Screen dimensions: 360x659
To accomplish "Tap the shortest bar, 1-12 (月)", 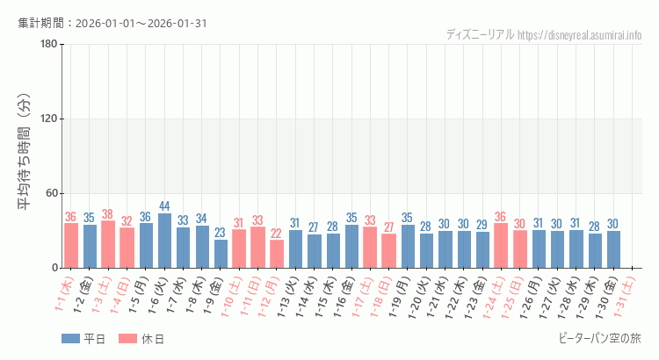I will [x=277, y=254].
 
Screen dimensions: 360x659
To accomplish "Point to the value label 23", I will [x=221, y=233].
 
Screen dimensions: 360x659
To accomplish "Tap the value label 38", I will [x=108, y=214].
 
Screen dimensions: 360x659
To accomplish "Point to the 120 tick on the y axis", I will [x=48, y=119].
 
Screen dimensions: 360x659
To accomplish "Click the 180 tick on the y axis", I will [x=48, y=45].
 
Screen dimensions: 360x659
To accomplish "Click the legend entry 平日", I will [x=83, y=339].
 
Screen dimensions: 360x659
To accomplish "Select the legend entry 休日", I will [x=141, y=339].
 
